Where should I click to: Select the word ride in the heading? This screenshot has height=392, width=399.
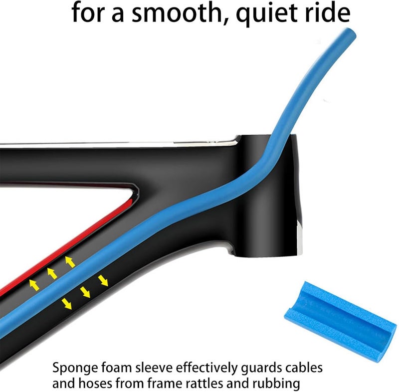(x=328, y=12)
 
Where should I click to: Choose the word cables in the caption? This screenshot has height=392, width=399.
(x=304, y=368)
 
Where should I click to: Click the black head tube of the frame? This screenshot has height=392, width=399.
(x=267, y=196)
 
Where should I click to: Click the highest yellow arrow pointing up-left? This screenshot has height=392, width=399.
(x=70, y=262)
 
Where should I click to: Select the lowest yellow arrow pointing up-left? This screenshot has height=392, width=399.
(x=34, y=285)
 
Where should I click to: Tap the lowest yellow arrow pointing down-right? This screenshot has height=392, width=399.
(x=67, y=304)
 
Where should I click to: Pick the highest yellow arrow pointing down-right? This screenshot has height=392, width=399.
(x=103, y=281)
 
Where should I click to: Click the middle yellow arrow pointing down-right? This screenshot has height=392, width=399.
(x=85, y=292)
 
